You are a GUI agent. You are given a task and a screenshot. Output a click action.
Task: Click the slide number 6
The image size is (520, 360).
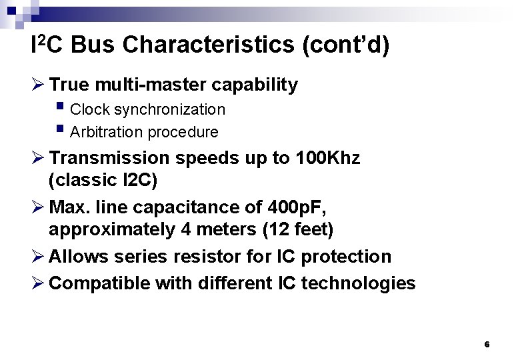pyautogui.click(x=487, y=345)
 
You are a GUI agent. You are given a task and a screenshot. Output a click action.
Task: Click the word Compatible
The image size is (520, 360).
pyautogui.click(x=100, y=283)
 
